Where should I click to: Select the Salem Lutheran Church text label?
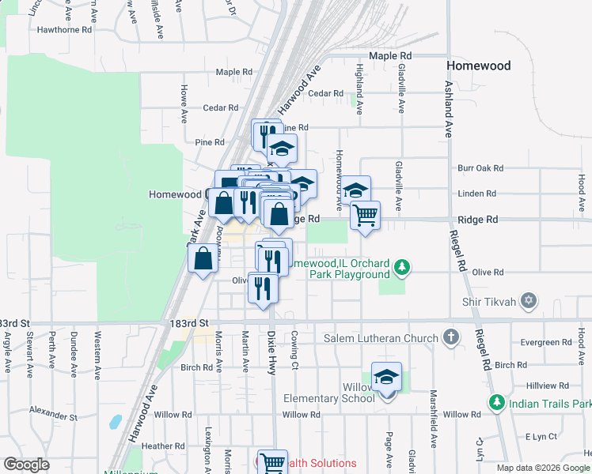tap(381, 338)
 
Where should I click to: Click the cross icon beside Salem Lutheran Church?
tap(451, 337)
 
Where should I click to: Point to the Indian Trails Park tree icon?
tap(496, 402)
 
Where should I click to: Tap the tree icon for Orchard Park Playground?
tap(403, 268)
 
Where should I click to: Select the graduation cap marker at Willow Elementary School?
tap(386, 377)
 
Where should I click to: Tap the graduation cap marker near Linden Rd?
tap(355, 190)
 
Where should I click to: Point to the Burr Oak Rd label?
tap(481, 168)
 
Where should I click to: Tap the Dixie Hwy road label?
tap(271, 352)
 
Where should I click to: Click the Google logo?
tap(27, 465)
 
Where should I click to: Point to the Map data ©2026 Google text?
tap(542, 468)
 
